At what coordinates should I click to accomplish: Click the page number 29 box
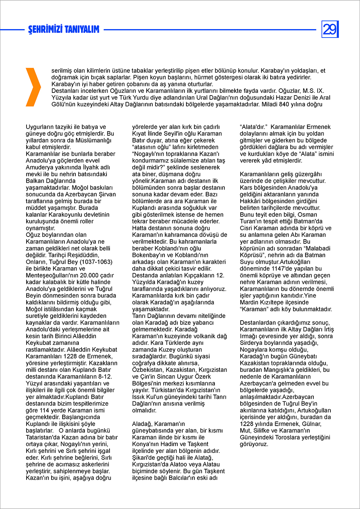[x=330, y=29]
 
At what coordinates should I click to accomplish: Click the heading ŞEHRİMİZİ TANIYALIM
[x=64, y=30]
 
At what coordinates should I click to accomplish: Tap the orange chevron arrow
[x=33, y=87]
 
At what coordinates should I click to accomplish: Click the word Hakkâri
[x=252, y=201]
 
